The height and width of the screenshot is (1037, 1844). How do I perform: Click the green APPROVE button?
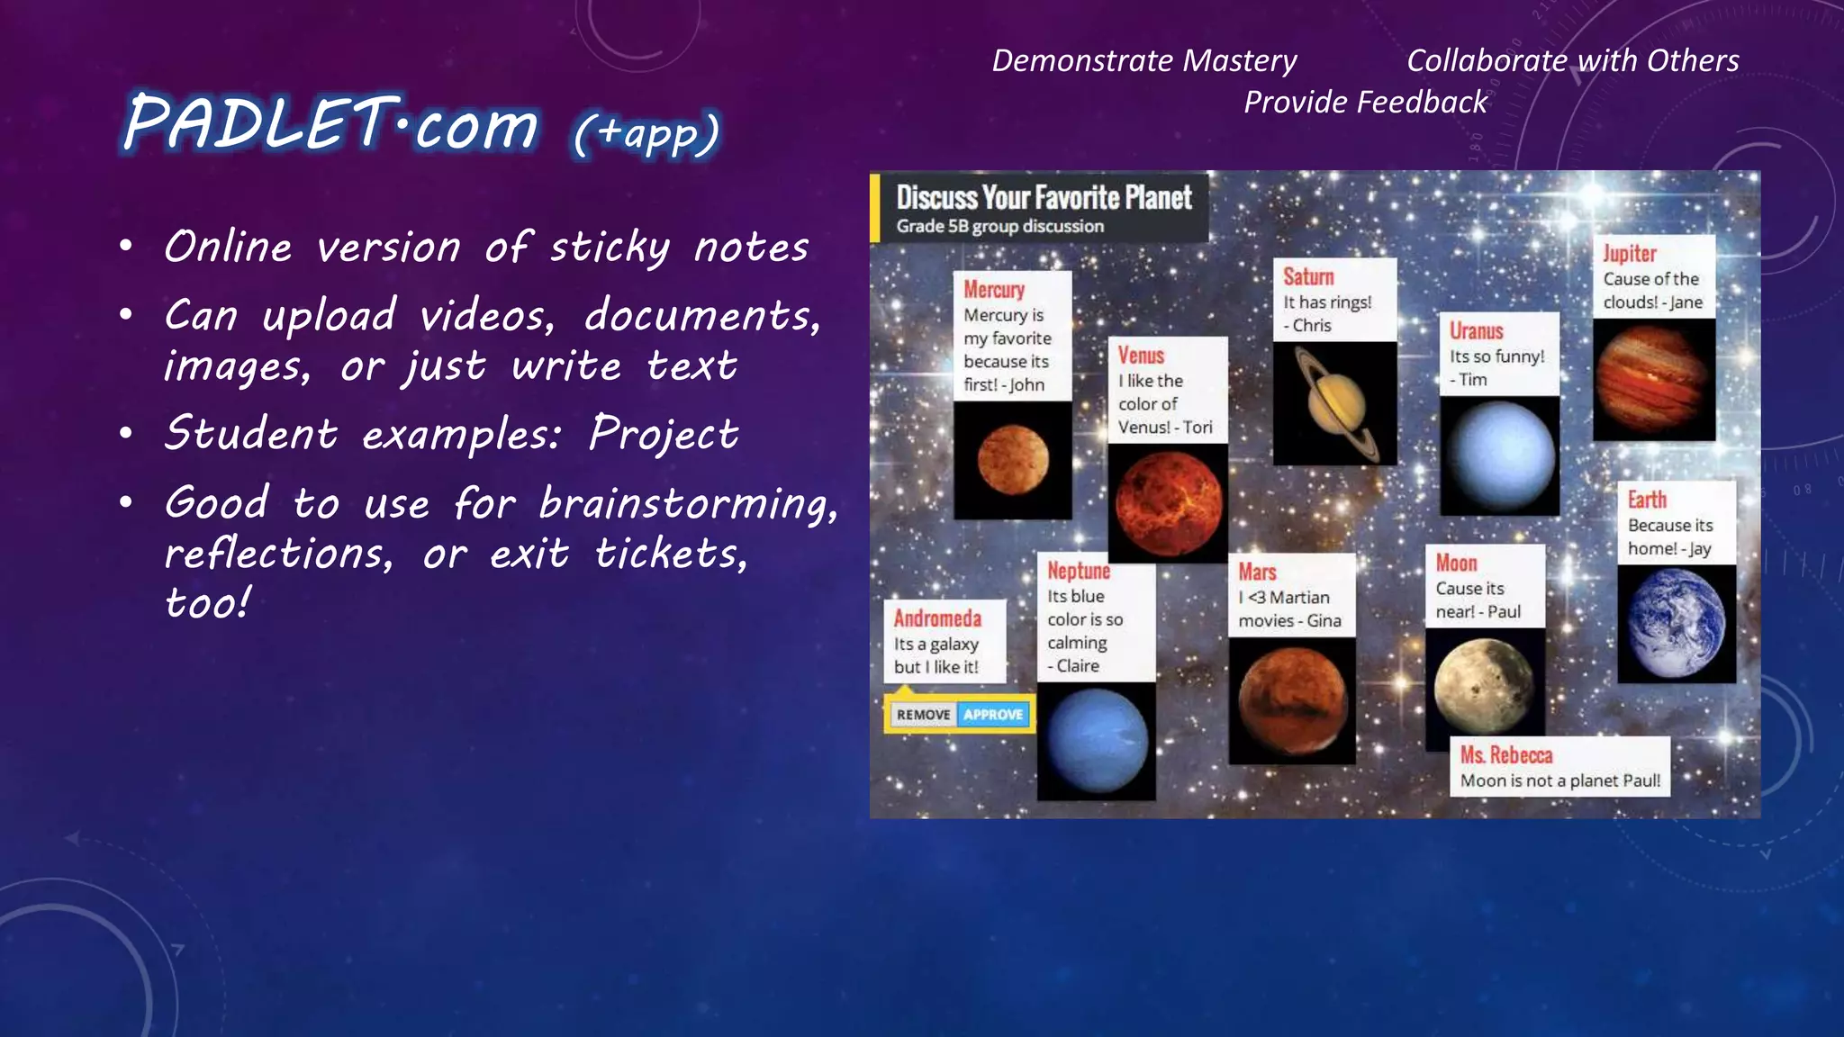(993, 715)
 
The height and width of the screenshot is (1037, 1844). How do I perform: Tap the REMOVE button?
(923, 715)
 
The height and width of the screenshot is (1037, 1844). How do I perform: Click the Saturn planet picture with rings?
(1335, 402)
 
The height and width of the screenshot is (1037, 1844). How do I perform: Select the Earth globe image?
(1676, 623)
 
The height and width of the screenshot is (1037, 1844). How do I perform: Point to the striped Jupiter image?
(1653, 379)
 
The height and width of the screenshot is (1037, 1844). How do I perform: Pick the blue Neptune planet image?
(1097, 740)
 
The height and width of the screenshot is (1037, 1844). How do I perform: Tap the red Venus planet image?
(1168, 503)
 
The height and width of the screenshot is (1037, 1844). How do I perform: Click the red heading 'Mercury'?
(994, 290)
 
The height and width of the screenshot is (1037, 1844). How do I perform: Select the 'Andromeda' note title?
(937, 618)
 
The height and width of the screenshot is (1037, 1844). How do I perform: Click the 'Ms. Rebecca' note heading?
(1506, 754)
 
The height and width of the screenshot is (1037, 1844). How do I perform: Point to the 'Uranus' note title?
(1477, 331)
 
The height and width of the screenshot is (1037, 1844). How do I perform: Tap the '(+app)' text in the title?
(646, 133)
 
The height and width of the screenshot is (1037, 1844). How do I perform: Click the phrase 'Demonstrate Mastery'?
(1143, 60)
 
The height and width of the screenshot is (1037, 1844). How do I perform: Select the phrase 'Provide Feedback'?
(1365, 102)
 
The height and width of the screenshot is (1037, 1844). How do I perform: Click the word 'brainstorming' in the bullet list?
(687, 503)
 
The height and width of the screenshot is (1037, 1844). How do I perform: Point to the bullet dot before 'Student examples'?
(127, 434)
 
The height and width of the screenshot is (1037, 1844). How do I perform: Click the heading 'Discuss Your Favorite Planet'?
(1044, 197)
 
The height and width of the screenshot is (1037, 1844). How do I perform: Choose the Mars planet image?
(1292, 699)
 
